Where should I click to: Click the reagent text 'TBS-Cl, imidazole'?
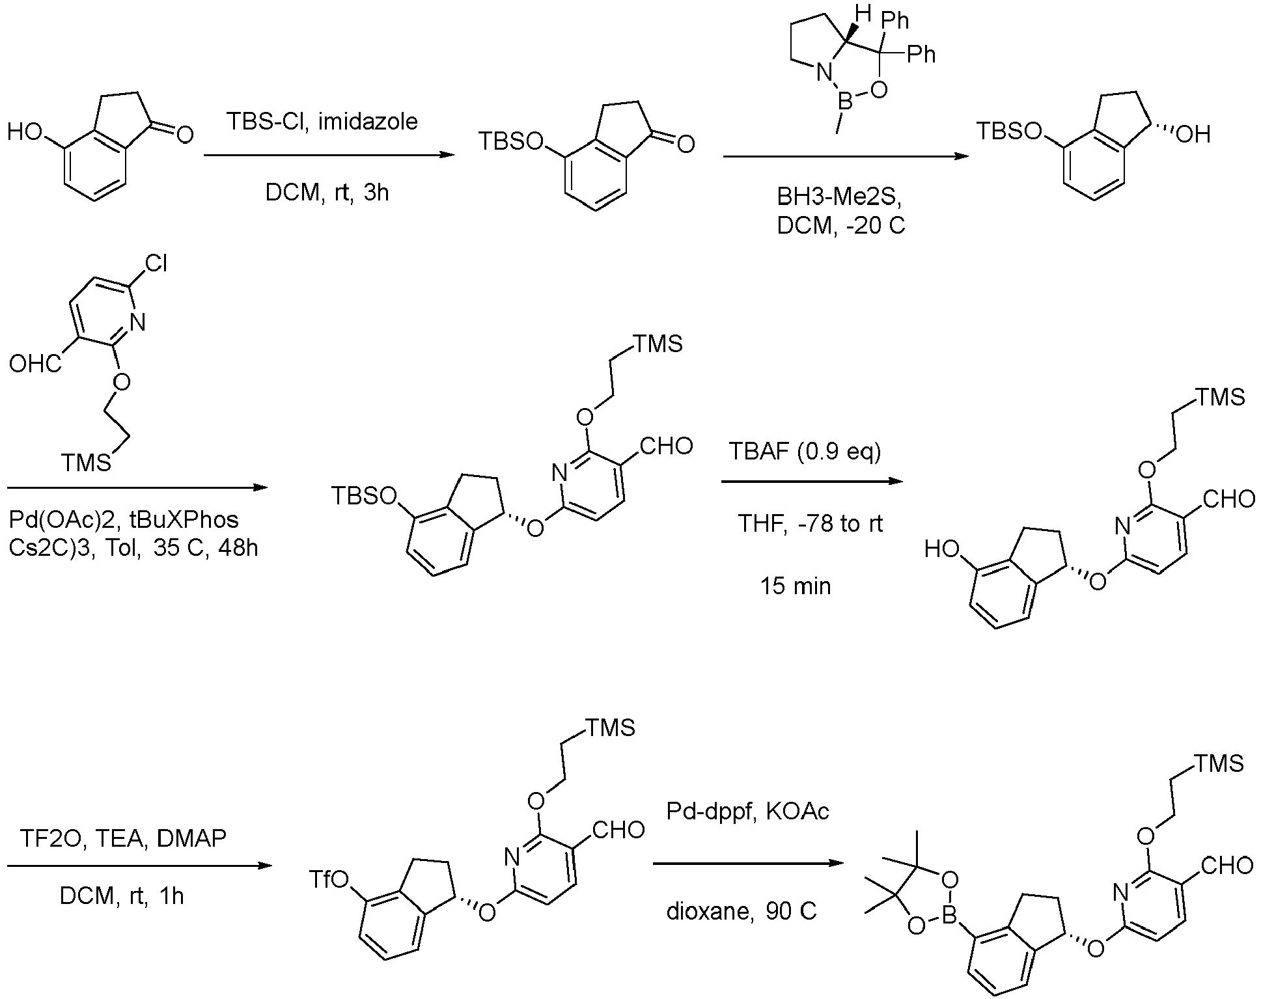(322, 122)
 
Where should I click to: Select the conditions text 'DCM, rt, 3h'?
(327, 193)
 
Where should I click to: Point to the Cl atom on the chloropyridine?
(156, 264)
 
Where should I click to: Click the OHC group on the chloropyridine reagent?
(35, 363)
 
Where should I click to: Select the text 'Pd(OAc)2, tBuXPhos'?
(124, 519)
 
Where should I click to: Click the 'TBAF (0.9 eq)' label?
(805, 451)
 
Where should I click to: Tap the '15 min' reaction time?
(796, 586)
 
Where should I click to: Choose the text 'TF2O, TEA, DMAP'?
(123, 838)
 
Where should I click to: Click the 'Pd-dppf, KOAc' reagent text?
(747, 811)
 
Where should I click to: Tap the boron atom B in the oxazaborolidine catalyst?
(844, 102)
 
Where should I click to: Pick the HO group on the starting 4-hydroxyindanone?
(25, 133)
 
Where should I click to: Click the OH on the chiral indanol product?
(1194, 135)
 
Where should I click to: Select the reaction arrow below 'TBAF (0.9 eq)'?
(812, 481)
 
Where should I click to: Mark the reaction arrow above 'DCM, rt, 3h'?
(329, 155)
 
